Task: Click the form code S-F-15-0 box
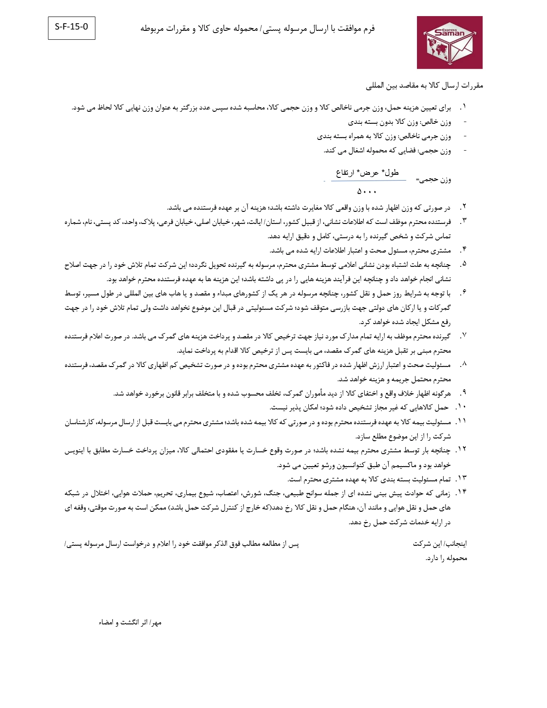click(72, 27)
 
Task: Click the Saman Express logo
click(450, 42)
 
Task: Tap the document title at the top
click(257, 29)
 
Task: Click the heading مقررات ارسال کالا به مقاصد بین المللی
click(425, 85)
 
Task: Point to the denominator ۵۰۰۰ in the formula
click(367, 192)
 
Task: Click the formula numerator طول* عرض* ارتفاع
click(367, 173)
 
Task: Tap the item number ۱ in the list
click(463, 107)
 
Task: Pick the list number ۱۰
click(461, 407)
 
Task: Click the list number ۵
click(463, 264)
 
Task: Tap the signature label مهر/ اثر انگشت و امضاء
click(130, 623)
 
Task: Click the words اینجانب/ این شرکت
click(440, 544)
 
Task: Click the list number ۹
click(463, 393)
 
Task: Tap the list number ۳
click(463, 221)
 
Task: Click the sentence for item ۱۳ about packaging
click(369, 480)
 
